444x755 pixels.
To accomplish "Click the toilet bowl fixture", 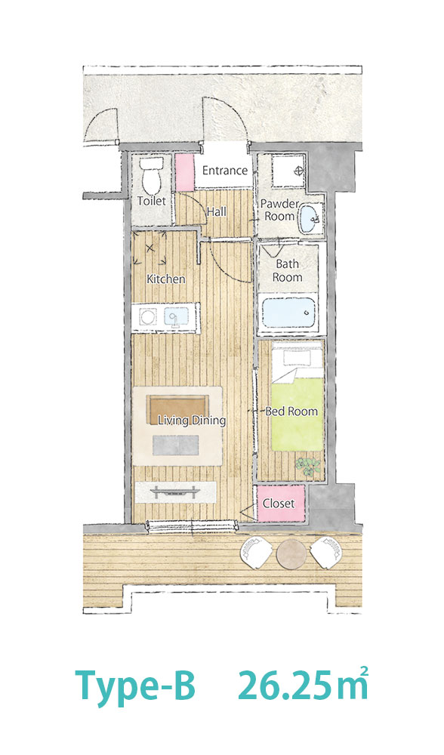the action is point(151,176).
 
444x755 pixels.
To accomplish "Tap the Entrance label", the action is point(224,170).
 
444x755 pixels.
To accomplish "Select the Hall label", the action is point(216,211).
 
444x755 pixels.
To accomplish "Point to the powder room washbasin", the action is point(308,218).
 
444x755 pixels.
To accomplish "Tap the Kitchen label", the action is point(165,279).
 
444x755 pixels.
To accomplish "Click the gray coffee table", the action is point(176,445).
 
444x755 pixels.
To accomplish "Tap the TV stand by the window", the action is point(175,492).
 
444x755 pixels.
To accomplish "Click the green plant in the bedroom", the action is point(307,466).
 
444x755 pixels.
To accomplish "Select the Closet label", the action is point(279,503).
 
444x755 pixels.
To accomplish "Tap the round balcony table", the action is point(291,553).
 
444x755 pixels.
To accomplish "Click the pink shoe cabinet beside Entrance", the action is point(184,172).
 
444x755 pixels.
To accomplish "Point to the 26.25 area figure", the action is point(285,686).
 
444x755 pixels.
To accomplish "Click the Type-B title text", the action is point(135,688).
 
